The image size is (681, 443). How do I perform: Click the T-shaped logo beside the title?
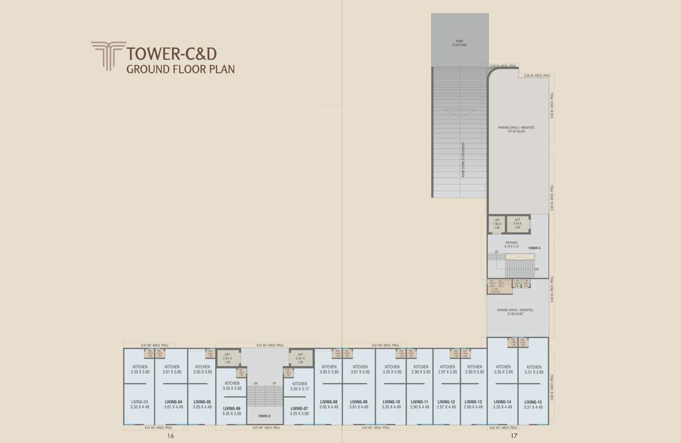(108, 57)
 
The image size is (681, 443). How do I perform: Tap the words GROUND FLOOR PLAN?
(180, 70)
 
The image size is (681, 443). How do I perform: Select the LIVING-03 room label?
(140, 402)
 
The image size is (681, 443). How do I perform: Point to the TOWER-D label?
(264, 416)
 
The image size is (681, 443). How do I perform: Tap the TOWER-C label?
(534, 248)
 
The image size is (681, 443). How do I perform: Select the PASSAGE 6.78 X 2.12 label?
(511, 245)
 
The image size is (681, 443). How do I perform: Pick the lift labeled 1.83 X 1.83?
(497, 223)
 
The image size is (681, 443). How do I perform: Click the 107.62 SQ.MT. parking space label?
(517, 129)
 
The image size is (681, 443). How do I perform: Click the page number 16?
(170, 436)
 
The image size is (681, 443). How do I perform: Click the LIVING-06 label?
(232, 408)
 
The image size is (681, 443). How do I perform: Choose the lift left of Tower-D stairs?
(227, 358)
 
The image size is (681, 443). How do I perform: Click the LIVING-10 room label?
(391, 402)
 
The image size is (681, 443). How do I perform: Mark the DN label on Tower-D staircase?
(255, 383)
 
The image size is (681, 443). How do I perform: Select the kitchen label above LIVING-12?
(447, 367)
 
